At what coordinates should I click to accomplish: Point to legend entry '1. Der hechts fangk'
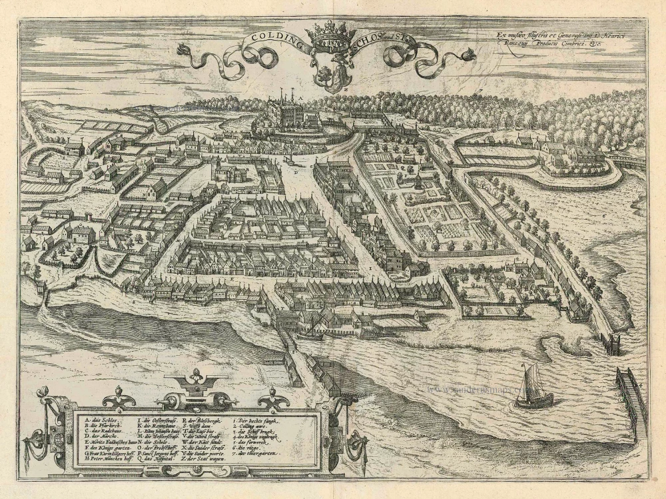[x=259, y=420]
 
